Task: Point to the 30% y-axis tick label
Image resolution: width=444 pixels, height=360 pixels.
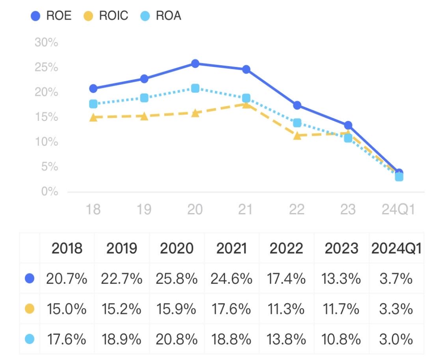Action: click(46, 43)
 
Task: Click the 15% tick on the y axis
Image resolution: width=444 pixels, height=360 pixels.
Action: click(46, 117)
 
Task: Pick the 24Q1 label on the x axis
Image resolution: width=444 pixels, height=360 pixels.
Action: click(398, 209)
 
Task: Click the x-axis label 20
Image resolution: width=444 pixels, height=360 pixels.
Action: click(195, 209)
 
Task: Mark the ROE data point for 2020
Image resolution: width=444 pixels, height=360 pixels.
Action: click(195, 64)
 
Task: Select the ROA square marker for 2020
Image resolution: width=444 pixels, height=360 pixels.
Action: click(195, 88)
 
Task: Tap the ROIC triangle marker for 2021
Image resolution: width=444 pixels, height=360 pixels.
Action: click(246, 104)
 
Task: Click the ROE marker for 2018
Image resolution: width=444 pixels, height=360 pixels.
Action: click(93, 88)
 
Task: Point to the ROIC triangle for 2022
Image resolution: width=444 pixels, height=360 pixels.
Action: click(297, 136)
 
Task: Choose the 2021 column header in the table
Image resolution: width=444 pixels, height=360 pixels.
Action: click(231, 248)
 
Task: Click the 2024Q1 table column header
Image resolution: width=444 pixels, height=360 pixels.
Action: click(396, 248)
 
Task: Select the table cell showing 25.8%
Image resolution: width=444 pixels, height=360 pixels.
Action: click(177, 278)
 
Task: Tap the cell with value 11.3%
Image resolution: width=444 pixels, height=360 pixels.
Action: click(286, 309)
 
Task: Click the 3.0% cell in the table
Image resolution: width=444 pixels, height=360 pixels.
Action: click(396, 339)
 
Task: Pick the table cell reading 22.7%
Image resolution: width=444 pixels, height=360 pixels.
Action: click(122, 278)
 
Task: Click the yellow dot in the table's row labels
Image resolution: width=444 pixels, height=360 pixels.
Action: click(30, 309)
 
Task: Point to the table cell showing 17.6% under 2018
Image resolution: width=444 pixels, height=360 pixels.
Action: click(66, 339)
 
